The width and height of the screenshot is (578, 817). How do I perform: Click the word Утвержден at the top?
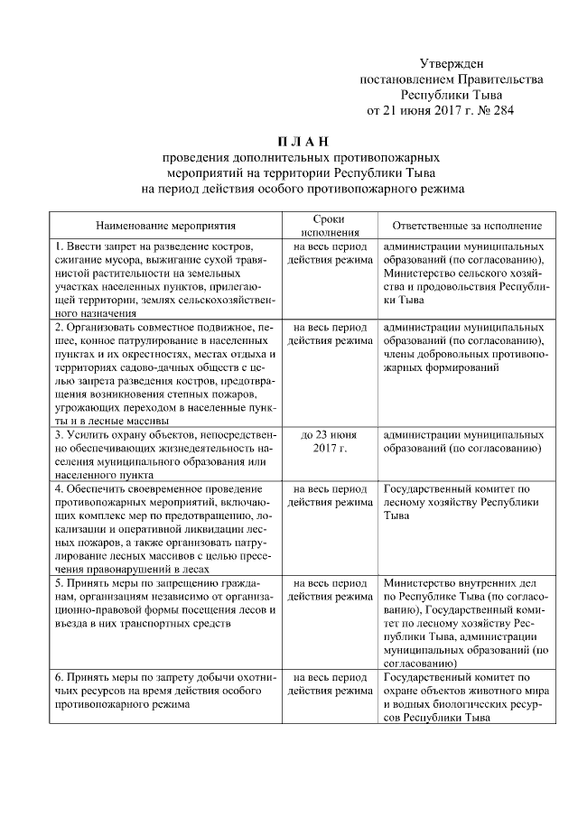point(452,63)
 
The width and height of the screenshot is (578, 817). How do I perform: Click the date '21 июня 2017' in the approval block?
point(427,111)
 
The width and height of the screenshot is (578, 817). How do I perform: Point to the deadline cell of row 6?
point(328,683)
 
